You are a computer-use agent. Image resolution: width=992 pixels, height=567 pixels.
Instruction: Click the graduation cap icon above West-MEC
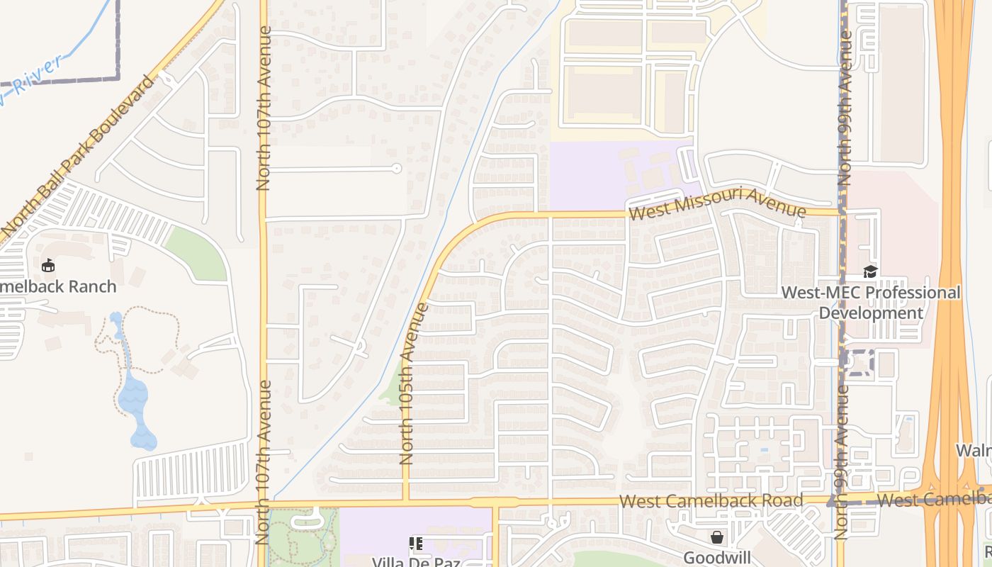[870, 271]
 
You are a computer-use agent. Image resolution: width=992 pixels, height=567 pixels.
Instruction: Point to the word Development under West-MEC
[871, 313]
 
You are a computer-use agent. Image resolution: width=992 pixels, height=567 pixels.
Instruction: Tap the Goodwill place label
[716, 557]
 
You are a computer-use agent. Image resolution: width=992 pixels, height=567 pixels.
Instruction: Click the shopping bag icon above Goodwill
[717, 537]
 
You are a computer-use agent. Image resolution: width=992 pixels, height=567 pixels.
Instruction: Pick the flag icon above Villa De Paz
[416, 544]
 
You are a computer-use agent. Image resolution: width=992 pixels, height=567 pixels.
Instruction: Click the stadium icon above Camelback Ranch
[48, 266]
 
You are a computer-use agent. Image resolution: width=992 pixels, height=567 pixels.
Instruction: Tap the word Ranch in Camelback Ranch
[90, 286]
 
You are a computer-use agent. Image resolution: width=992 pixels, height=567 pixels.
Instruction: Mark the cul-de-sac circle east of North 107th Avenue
[397, 169]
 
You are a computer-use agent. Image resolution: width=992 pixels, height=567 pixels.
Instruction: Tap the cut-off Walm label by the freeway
[975, 450]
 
